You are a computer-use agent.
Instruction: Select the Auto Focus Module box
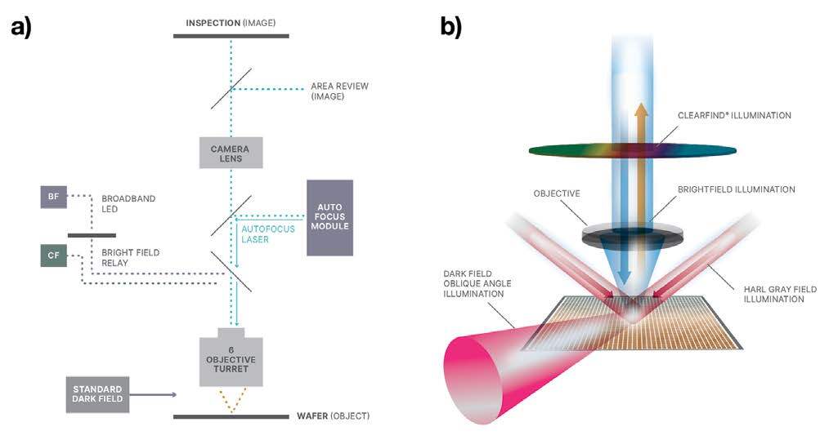[x=329, y=217]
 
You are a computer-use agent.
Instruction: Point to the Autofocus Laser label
[x=262, y=235]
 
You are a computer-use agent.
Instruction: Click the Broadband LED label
[x=128, y=203]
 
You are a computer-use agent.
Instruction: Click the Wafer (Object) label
[x=333, y=416]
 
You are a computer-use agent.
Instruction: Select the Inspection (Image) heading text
[x=231, y=23]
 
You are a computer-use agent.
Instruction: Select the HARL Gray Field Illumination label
[x=780, y=294]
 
